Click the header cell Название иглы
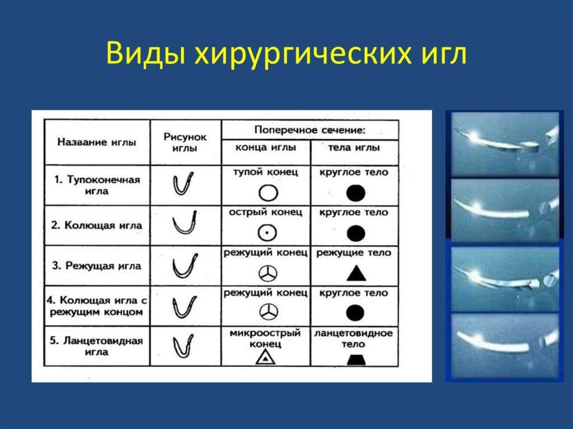tap(97, 142)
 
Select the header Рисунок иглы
tap(185, 143)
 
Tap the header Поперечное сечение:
tap(310, 130)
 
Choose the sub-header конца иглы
tap(266, 147)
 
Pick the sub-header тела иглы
tap(354, 147)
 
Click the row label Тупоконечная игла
tap(97, 185)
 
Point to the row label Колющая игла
tap(96, 225)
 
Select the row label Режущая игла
tap(96, 266)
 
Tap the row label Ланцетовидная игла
tap(96, 346)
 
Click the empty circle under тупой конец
tap(268, 192)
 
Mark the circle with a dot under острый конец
tap(267, 233)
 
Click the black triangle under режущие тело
tap(356, 274)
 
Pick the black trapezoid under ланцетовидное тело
tap(356, 360)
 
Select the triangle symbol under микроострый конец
tap(266, 357)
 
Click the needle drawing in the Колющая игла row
tap(185, 223)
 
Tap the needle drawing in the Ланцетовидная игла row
tap(183, 346)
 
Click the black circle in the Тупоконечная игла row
tap(356, 193)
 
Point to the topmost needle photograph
tap(505, 144)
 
